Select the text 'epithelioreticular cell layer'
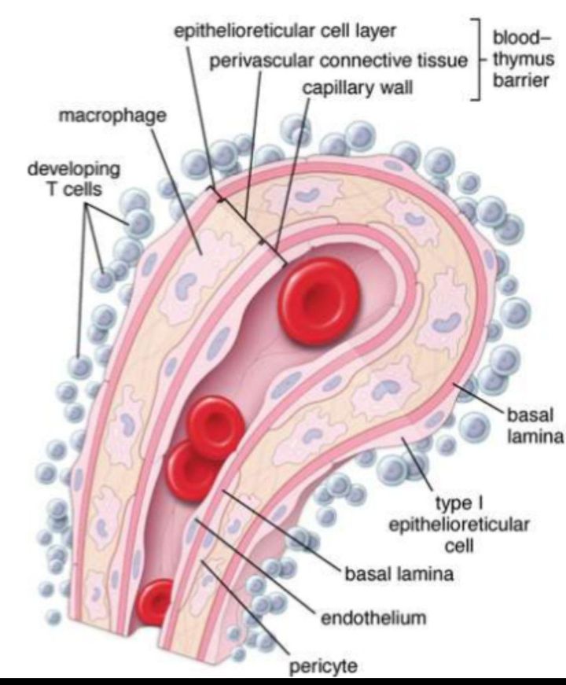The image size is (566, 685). coord(285,31)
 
